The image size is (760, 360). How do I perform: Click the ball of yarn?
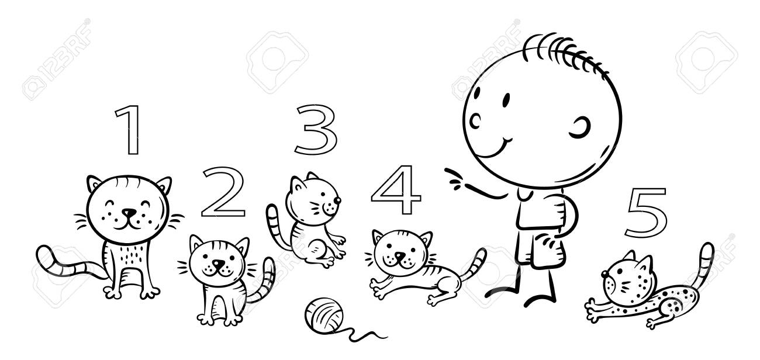(324, 314)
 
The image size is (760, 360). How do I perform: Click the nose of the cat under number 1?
(129, 212)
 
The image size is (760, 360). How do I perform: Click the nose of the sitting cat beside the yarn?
(218, 264)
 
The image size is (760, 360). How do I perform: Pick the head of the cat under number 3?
(313, 199)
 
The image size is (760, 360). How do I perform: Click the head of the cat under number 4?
(400, 251)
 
